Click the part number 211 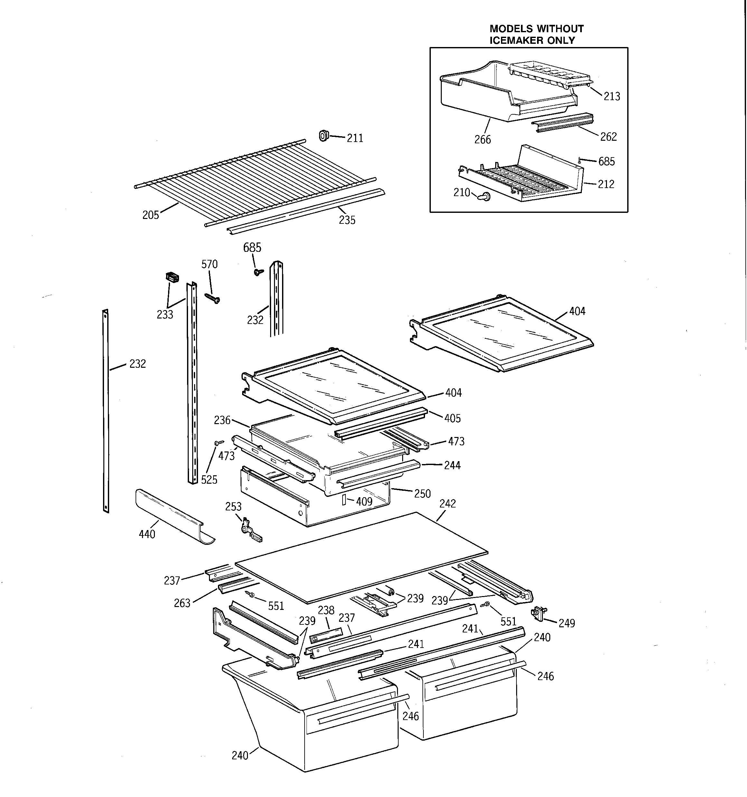point(355,138)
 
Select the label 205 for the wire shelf point(151,215)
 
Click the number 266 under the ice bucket point(482,139)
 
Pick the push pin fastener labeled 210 point(486,196)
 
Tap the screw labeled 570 point(212,298)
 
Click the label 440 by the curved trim point(147,535)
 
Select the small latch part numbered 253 point(250,530)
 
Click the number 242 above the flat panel point(448,504)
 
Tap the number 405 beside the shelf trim point(452,419)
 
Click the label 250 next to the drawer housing point(422,494)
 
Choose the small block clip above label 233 point(172,277)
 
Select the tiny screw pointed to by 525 point(219,442)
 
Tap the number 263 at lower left point(182,603)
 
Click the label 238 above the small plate point(326,611)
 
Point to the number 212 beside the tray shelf point(606,185)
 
